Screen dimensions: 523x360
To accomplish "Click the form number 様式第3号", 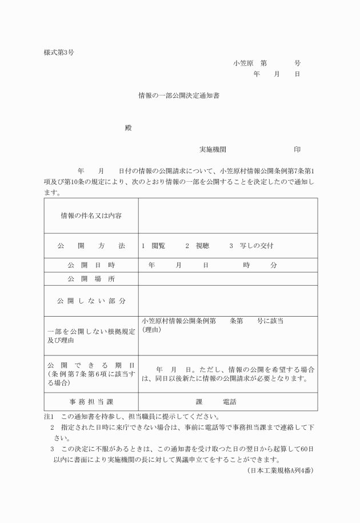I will coord(58,53).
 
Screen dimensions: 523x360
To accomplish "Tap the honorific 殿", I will coord(129,127).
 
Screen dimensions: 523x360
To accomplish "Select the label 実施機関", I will coord(213,150).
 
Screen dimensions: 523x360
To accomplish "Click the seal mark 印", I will coord(297,150).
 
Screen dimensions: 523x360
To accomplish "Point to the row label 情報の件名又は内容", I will coord(91,215).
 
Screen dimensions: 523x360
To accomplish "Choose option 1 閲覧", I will coord(154,246).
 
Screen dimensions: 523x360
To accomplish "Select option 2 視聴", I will coord(198,246).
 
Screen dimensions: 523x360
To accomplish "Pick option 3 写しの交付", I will coord(251,246).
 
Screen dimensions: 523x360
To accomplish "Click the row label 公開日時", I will coord(91,265).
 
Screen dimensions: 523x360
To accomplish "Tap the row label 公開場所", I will coord(91,279).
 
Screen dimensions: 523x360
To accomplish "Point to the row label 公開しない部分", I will coord(91,301).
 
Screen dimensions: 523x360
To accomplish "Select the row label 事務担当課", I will coord(91,401).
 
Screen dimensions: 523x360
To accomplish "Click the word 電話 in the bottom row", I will coord(230,401).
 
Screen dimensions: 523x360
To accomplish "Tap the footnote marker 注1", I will coord(48,417).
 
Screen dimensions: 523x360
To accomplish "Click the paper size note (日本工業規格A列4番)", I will coord(281,471).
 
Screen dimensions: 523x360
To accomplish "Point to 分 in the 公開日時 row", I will coord(274,265).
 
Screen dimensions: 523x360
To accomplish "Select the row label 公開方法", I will coord(91,246).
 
